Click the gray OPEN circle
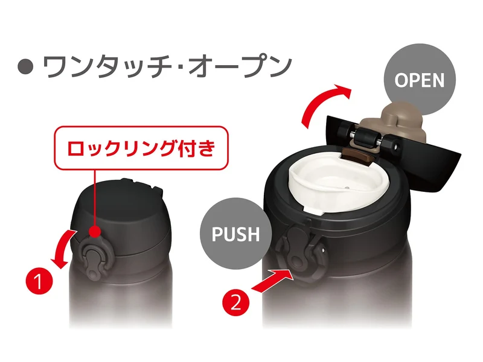(420, 80)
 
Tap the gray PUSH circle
(236, 233)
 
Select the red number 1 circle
(39, 281)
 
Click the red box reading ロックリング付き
(141, 148)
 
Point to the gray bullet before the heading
(25, 66)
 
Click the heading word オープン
(240, 66)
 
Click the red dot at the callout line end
(95, 232)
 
